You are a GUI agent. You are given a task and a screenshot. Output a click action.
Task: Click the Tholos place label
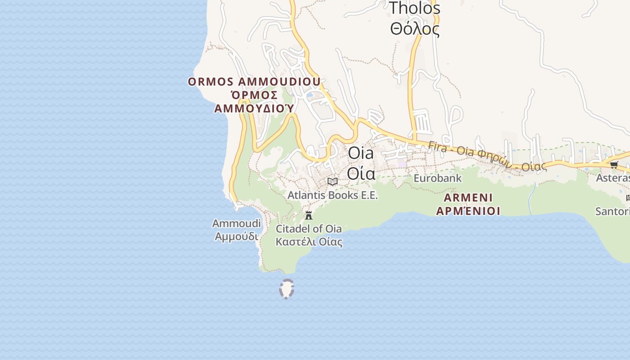coord(414,8)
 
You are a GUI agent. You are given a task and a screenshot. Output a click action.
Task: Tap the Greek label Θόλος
coord(414,29)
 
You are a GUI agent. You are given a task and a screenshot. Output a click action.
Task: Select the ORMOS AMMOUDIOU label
coord(254,82)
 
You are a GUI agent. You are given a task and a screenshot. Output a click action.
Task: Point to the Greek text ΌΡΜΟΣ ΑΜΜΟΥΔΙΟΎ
coord(254,102)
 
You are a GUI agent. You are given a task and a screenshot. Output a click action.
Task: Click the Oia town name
coord(361,153)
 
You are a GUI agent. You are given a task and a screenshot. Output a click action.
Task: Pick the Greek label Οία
coord(361,173)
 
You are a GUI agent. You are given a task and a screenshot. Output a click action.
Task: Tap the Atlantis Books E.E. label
coord(333,195)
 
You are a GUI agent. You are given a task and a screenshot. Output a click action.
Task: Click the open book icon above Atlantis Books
coord(333,182)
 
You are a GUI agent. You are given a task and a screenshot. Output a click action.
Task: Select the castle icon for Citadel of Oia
coord(309,216)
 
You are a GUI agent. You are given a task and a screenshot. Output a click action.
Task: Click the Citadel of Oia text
coord(309,229)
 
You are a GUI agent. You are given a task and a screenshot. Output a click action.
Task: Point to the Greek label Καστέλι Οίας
coord(309,242)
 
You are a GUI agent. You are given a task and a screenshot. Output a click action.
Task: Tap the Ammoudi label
coord(236,223)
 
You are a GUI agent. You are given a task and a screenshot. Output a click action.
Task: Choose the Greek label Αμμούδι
coord(236,236)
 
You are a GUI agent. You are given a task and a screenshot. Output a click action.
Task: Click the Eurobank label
coord(437,178)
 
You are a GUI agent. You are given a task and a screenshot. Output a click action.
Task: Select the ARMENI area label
coord(468,198)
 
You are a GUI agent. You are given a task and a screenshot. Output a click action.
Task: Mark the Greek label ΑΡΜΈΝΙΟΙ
coord(468,211)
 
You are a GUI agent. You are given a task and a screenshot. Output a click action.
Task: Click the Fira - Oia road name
coord(487,156)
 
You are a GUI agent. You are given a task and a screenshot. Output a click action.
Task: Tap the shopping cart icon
coord(614,165)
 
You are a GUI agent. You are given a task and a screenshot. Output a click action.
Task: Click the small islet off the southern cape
coord(287,289)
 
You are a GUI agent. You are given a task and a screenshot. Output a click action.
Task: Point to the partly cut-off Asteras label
coord(612,178)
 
